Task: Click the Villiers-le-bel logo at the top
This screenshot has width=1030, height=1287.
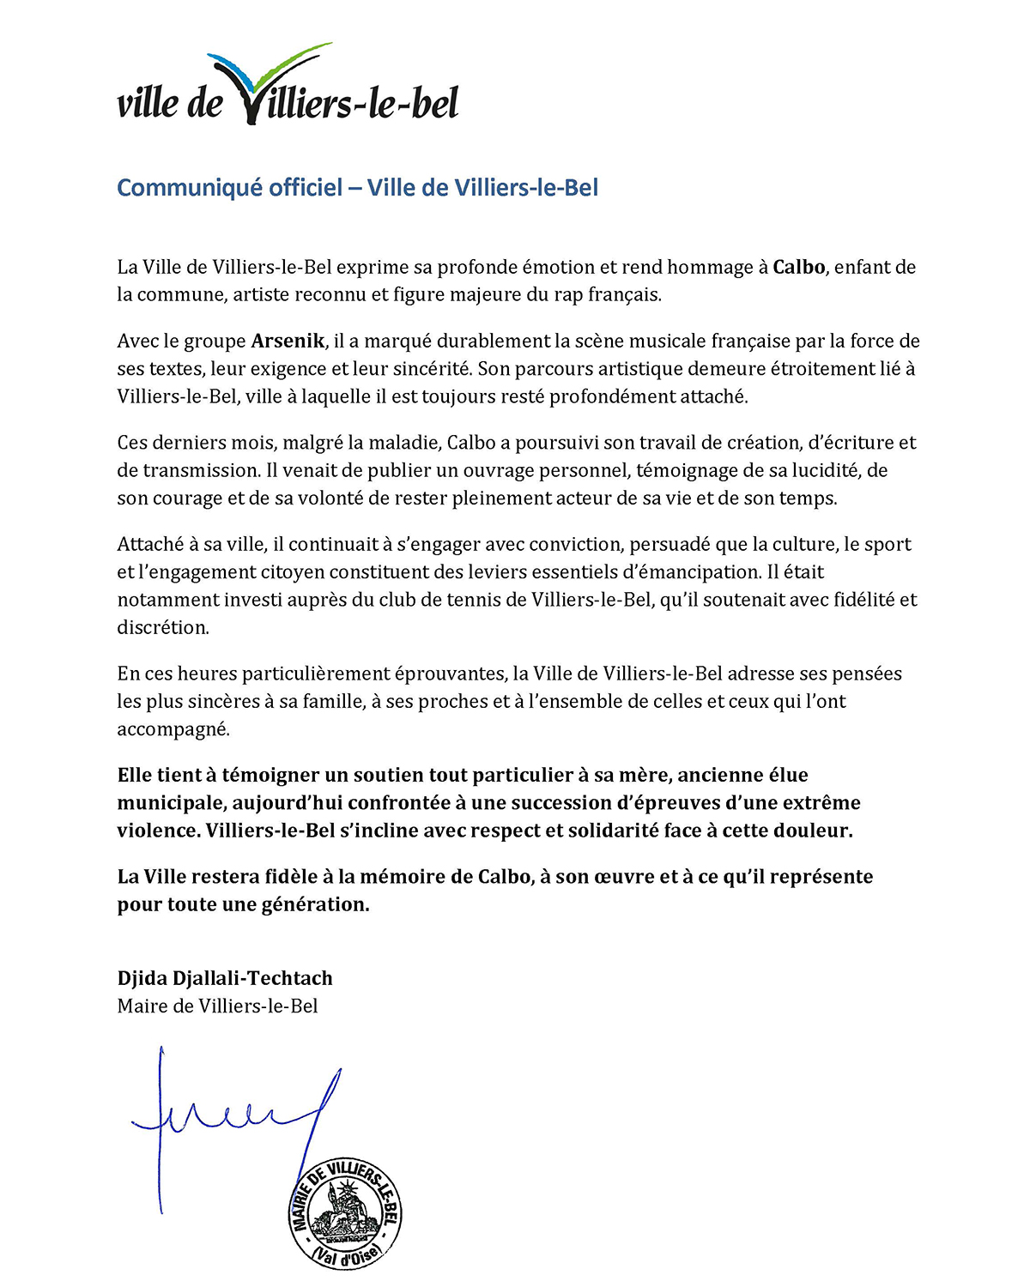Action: [288, 86]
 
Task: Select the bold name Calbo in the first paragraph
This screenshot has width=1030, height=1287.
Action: [798, 267]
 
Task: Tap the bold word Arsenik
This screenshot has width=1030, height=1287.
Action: [288, 341]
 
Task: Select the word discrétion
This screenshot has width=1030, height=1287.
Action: [162, 627]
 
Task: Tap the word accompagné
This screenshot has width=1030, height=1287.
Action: [173, 729]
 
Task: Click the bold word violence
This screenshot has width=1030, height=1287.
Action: [157, 831]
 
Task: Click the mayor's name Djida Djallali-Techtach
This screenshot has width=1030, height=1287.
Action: [225, 978]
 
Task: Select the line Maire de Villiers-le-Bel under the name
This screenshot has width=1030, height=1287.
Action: [217, 1006]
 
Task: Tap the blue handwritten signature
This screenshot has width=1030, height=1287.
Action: [232, 1115]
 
